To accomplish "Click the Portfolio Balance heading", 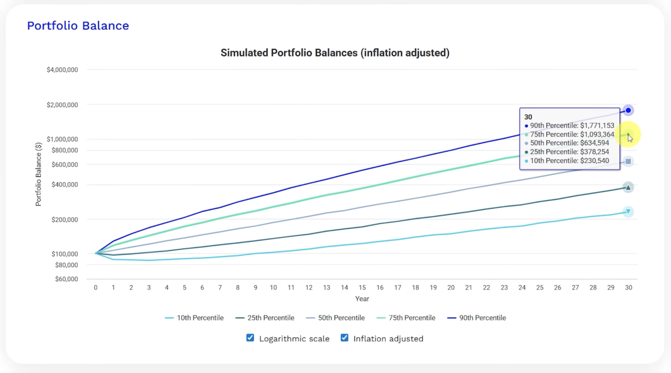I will point(78,26).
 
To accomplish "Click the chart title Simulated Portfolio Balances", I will point(335,53).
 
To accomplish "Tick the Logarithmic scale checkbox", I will point(251,338).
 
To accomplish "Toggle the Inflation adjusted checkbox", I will point(344,338).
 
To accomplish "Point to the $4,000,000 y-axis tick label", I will point(62,70).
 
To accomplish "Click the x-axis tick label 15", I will point(362,287).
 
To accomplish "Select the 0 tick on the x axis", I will point(96,287).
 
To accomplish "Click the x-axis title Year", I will point(362,299).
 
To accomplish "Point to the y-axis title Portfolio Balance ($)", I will point(39,174).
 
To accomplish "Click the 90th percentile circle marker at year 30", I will point(629,110).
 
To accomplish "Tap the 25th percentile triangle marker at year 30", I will point(629,188).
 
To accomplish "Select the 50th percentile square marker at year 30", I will point(629,162).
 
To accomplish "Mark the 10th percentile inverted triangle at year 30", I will point(629,212).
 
